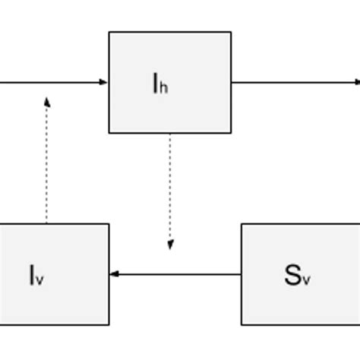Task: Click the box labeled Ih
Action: tap(169, 82)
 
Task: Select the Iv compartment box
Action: tap(54, 274)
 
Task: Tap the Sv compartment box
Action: tap(300, 274)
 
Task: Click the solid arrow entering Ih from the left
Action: tap(53, 82)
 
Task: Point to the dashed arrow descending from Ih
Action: tap(170, 190)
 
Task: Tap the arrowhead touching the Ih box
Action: tap(104, 82)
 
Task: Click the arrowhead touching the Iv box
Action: tap(114, 274)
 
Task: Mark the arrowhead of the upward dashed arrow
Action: tap(47, 101)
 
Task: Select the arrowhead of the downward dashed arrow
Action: tap(170, 245)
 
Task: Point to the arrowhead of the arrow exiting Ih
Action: tap(355, 82)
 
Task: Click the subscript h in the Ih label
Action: tap(163, 87)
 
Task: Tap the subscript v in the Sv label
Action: tap(306, 279)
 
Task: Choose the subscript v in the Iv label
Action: tap(40, 279)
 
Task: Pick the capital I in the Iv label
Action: tap(33, 274)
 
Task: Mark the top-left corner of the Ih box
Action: tap(109, 32)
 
